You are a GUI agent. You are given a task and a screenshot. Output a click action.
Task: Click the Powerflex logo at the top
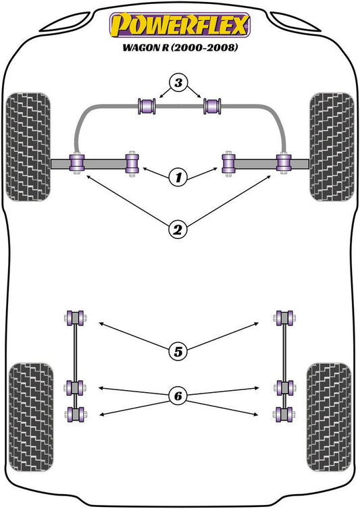tap(180, 25)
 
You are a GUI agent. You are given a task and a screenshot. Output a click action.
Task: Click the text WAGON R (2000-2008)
tap(180, 47)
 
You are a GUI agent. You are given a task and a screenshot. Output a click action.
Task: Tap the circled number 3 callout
tap(178, 83)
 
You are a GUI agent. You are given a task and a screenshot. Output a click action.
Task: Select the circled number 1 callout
tap(178, 178)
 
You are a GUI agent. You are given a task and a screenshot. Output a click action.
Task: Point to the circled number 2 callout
tap(178, 230)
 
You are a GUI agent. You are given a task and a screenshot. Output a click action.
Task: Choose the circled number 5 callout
tap(178, 352)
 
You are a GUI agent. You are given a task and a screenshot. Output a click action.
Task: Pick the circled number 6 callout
tap(178, 396)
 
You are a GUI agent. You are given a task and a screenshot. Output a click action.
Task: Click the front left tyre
tap(28, 147)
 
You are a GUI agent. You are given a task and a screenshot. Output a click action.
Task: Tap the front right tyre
tap(332, 147)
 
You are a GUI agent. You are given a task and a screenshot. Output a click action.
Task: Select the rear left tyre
tap(31, 417)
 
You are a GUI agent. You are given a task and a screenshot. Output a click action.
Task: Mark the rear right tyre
tap(329, 417)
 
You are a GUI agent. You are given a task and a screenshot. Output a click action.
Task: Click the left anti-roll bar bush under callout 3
tap(147, 106)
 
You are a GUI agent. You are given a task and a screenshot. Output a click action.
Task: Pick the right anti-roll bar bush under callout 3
tap(212, 106)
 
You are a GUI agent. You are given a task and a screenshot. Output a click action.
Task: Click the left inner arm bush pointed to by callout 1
tap(132, 164)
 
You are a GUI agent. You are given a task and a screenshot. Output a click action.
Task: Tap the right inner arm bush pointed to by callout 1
tap(228, 164)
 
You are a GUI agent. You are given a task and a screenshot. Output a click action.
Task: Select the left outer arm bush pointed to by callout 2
tap(77, 163)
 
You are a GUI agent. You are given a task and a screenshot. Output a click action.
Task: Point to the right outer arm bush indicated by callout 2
tap(284, 163)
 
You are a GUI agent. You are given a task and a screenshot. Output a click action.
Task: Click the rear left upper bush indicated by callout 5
tap(75, 318)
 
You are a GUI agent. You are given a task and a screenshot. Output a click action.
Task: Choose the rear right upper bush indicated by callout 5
tap(284, 318)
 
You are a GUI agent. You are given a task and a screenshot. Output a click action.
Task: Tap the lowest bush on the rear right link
tap(284, 414)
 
